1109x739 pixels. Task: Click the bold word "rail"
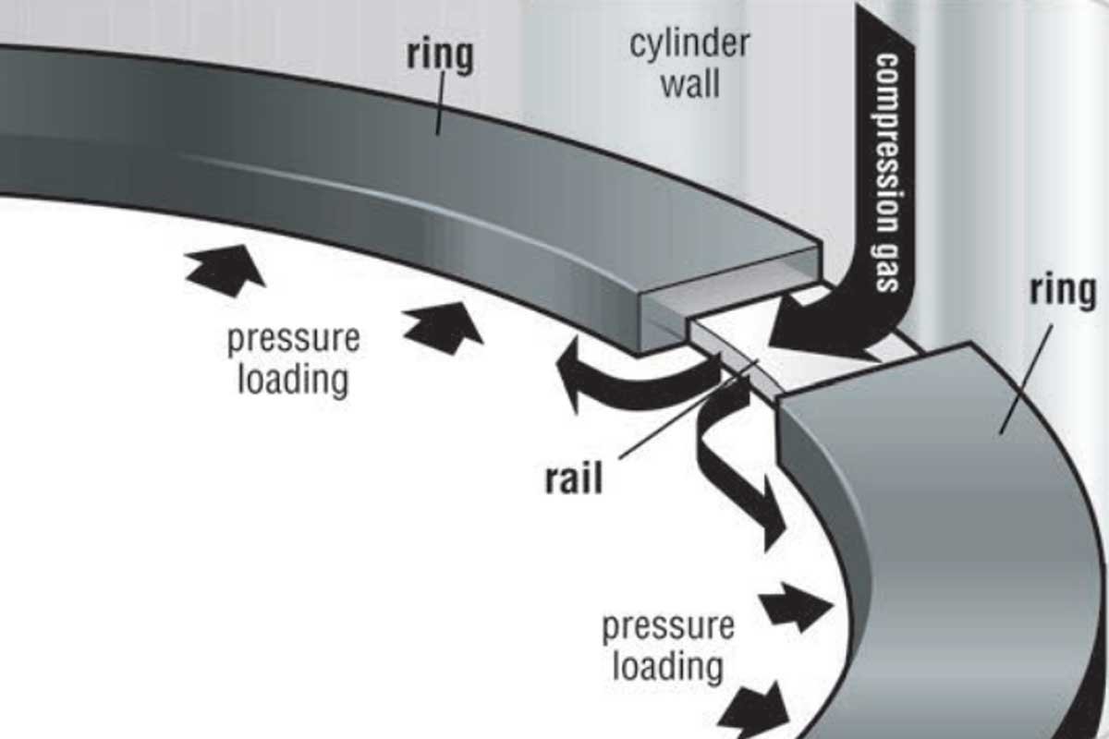[572, 479]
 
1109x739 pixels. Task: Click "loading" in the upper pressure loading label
[293, 379]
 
